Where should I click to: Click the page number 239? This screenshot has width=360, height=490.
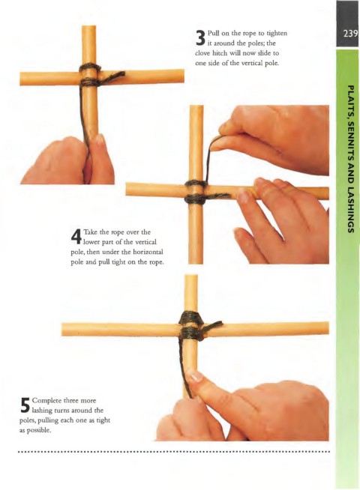pos(350,34)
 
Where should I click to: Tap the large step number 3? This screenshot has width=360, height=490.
pos(200,38)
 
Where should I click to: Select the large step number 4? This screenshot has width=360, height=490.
pos(76,237)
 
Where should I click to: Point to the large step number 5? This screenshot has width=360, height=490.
pos(25,405)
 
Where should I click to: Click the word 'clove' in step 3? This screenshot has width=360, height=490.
pos(202,53)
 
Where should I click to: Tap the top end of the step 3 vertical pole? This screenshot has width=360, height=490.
pos(88,26)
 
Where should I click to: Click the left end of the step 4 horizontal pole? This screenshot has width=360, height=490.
pos(126,189)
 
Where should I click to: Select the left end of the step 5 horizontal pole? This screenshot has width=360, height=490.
pos(62,329)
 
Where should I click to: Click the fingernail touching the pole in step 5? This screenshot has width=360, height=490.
pos(196,376)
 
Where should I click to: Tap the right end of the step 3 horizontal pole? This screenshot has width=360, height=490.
pos(183,76)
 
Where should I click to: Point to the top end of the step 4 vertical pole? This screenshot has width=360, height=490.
pos(196,106)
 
